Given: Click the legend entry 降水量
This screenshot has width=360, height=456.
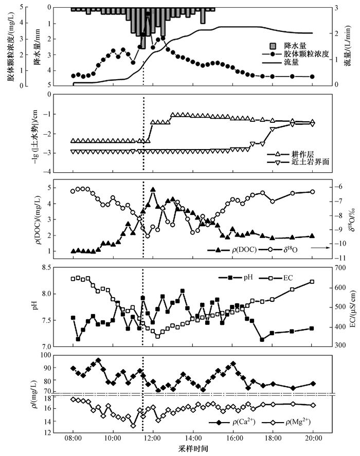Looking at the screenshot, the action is [x=288, y=46].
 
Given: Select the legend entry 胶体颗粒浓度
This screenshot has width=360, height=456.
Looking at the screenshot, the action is [x=296, y=54].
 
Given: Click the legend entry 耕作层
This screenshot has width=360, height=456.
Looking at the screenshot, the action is [x=291, y=154].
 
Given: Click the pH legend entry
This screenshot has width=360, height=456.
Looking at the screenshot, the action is [x=236, y=278].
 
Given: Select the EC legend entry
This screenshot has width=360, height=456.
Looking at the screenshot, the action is [x=276, y=278].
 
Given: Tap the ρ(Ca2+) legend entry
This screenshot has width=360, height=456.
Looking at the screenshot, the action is [x=232, y=422].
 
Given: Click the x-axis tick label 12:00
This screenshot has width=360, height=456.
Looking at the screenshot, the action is [x=153, y=438].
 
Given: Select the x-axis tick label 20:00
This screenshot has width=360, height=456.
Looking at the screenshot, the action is [x=313, y=438].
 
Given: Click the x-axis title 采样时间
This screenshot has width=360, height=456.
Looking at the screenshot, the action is [x=193, y=449].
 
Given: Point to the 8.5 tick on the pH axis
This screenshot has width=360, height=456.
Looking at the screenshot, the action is [x=46, y=267].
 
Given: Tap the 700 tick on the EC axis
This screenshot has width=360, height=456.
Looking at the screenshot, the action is [x=341, y=267].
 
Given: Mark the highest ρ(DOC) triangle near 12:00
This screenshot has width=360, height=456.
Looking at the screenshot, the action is [x=153, y=189].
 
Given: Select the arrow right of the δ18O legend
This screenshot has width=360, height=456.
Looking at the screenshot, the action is [x=320, y=248].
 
